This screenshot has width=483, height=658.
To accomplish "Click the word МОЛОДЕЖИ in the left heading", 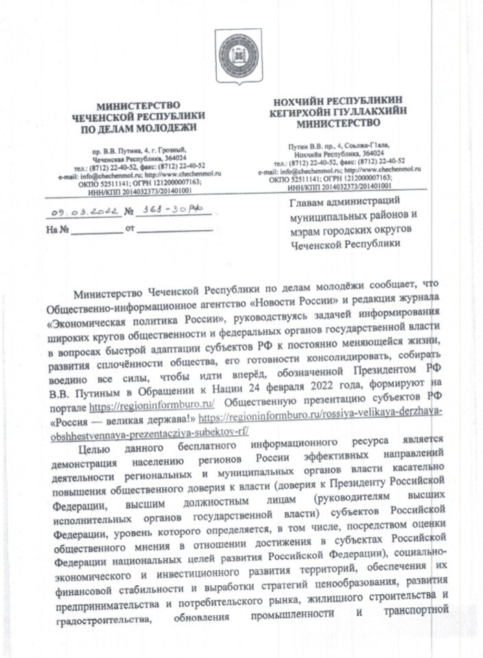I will click(169, 128).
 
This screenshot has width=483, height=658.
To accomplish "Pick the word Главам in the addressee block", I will click(309, 200).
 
